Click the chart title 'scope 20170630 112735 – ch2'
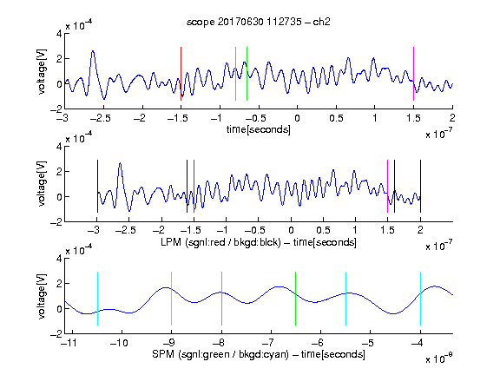(x=259, y=22)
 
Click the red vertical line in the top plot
(x=181, y=74)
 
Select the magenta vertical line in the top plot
(x=413, y=74)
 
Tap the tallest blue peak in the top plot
(x=93, y=51)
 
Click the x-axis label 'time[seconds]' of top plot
(x=259, y=129)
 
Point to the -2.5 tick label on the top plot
(x=101, y=119)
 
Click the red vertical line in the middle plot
(x=194, y=187)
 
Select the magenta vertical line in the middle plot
(x=387, y=187)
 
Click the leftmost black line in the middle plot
(x=97, y=187)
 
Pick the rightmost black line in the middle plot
(x=420, y=187)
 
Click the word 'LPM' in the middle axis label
(x=171, y=242)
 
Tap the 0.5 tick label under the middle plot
(x=323, y=230)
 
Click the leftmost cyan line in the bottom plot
(x=97, y=299)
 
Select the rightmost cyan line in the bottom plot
(x=420, y=299)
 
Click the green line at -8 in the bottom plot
(x=221, y=299)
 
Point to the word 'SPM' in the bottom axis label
(x=163, y=354)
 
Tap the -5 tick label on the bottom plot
(x=367, y=343)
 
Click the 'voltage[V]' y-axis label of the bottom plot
(x=42, y=296)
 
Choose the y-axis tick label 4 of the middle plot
(x=59, y=147)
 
